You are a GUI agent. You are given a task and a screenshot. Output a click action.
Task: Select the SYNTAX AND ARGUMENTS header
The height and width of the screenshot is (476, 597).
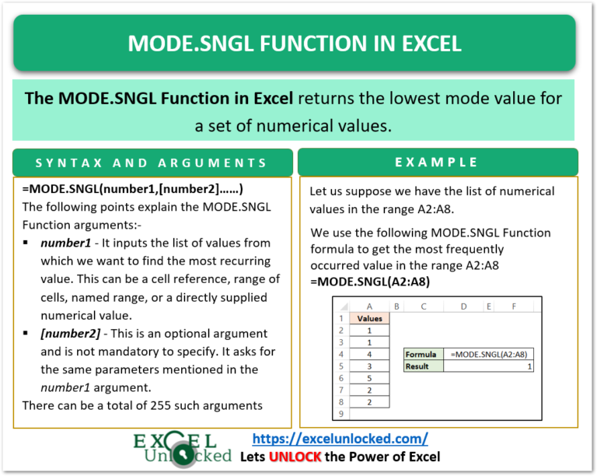coord(152,163)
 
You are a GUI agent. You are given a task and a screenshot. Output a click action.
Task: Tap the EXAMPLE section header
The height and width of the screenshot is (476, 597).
coord(438,162)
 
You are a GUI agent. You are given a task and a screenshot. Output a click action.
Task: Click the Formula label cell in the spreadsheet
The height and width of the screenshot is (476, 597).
coord(422,354)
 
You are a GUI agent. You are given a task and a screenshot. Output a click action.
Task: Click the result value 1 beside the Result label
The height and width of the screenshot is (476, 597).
coord(529,366)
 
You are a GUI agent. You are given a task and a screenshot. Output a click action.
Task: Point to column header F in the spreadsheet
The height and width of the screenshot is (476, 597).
coord(514,306)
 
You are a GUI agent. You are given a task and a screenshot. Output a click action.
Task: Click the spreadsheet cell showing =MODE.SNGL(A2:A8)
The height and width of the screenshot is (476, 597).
coord(488,354)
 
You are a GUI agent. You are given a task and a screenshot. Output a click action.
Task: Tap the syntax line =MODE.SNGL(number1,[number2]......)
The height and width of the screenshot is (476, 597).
coord(133,189)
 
